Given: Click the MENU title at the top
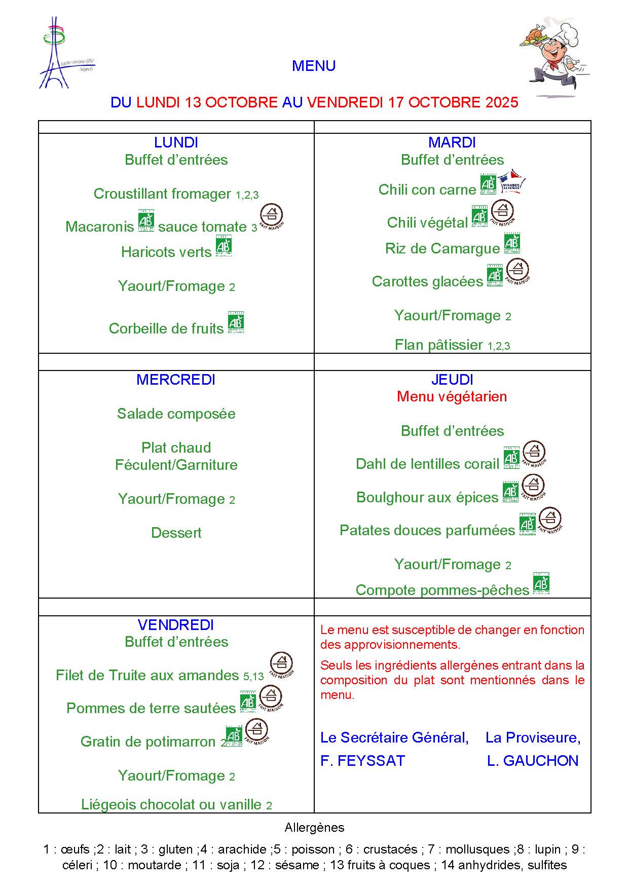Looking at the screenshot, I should (x=314, y=66).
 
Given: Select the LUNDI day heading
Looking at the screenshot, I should (x=176, y=142).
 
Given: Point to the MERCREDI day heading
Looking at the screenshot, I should (x=176, y=380).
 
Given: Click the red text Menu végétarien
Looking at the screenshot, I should (x=452, y=396).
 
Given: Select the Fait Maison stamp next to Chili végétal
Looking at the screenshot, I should (x=503, y=213).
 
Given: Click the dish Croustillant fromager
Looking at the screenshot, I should (x=163, y=194).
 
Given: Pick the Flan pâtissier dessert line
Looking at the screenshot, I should (x=439, y=345).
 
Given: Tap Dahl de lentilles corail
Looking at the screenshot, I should (x=427, y=464).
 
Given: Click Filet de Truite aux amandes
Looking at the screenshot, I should (x=147, y=675).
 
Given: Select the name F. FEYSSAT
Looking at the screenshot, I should (x=362, y=761).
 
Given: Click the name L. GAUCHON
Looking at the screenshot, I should (x=532, y=761).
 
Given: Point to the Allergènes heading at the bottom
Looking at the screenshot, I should (x=314, y=828).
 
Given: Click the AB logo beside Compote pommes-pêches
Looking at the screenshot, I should (x=541, y=584).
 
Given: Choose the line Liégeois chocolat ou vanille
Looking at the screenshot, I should (x=171, y=804).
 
